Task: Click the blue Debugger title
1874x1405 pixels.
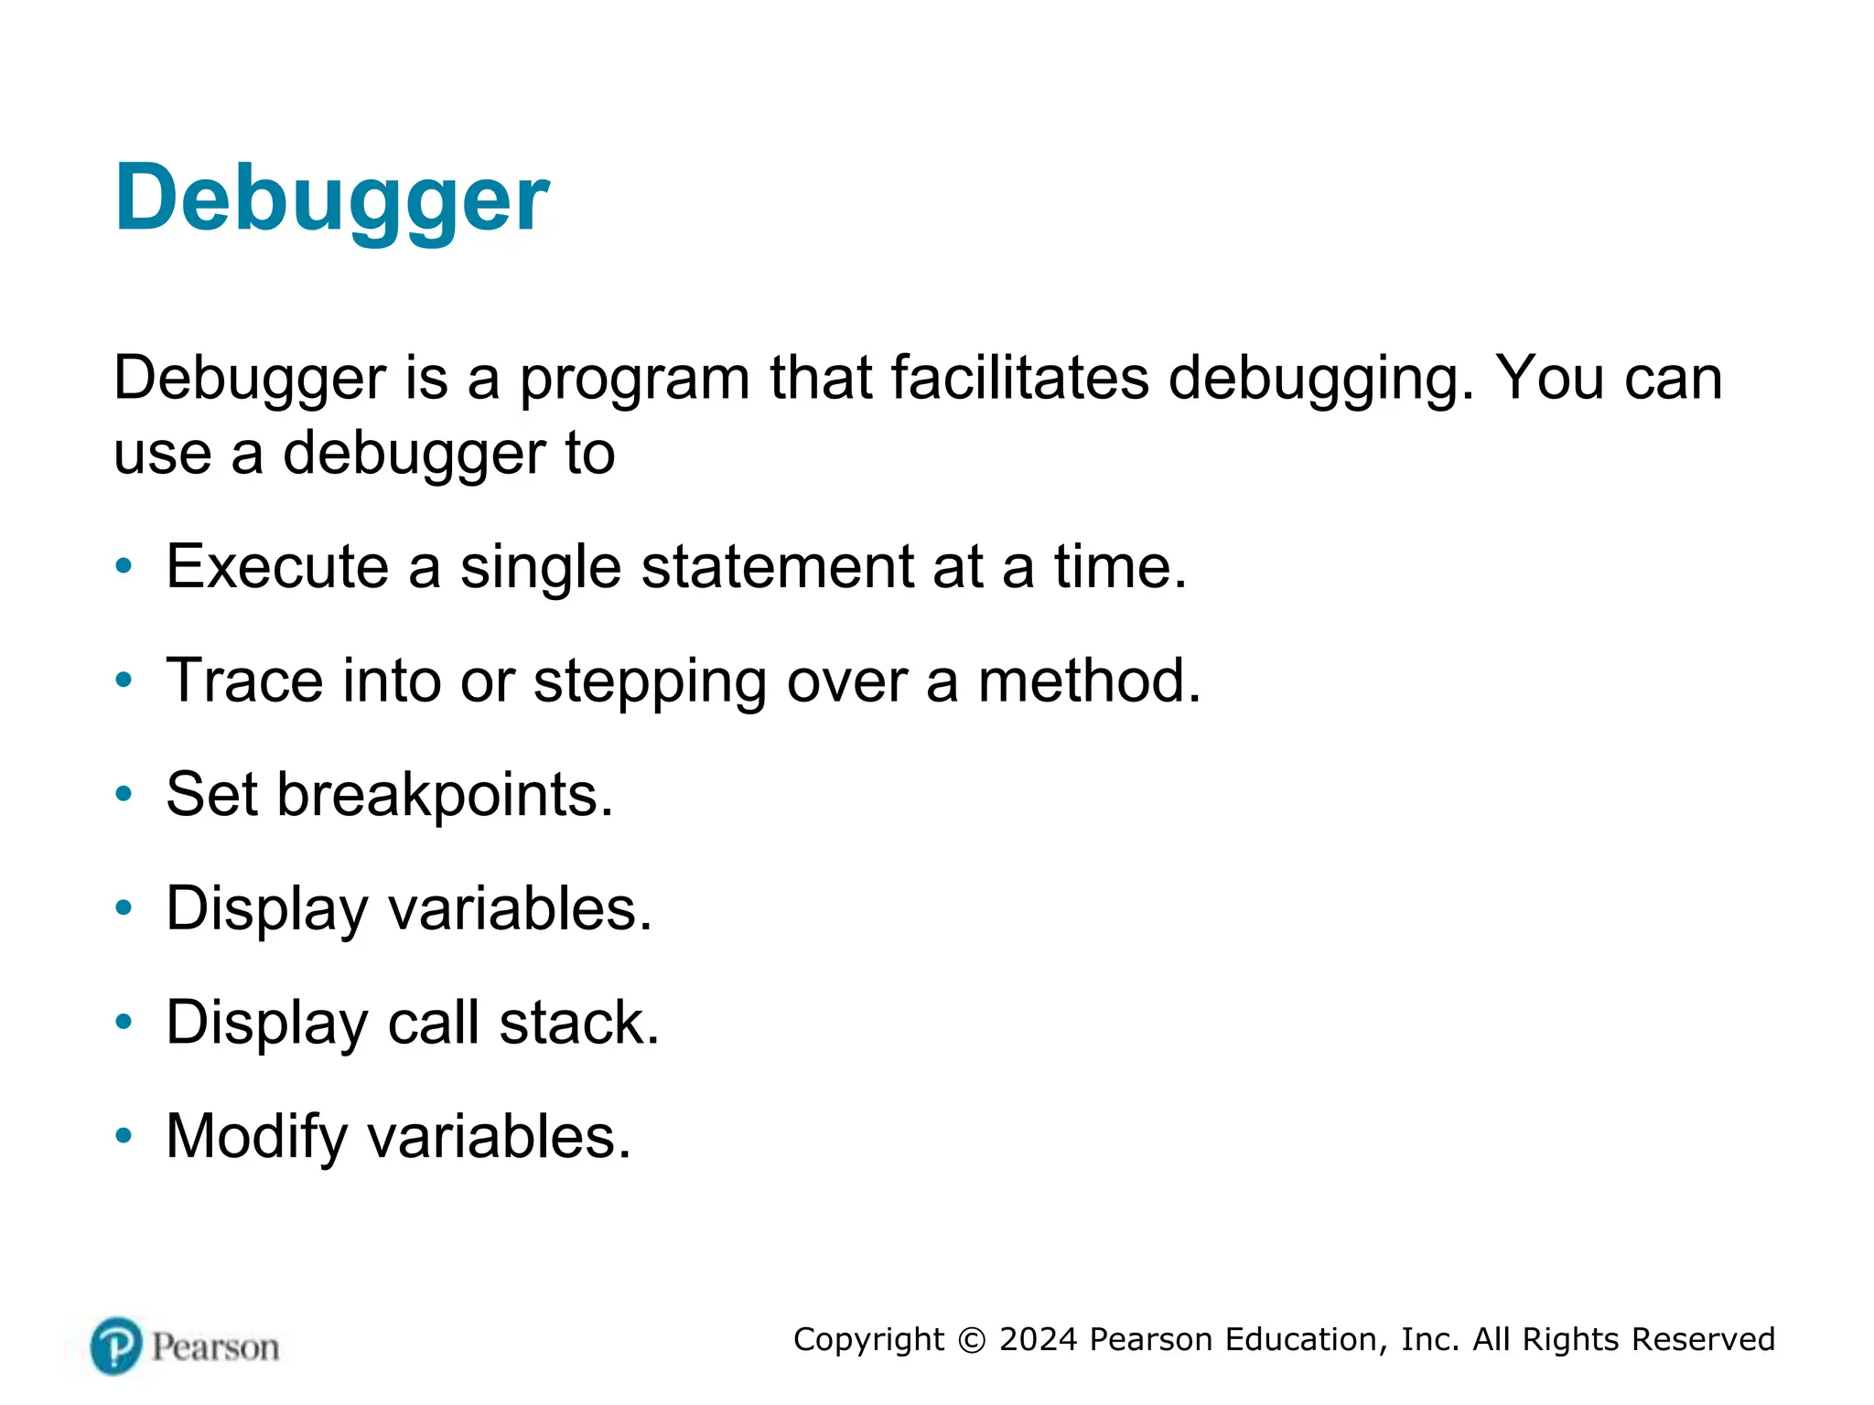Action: pyautogui.click(x=331, y=198)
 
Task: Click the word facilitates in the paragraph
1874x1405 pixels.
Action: pyautogui.click(x=1018, y=377)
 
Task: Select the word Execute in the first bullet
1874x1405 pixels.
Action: pyautogui.click(x=277, y=566)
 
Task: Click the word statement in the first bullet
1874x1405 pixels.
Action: pyautogui.click(x=777, y=566)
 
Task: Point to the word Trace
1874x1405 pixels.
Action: pyautogui.click(x=244, y=680)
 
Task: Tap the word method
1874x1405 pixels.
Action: pyautogui.click(x=1088, y=680)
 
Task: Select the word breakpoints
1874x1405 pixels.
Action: pyautogui.click(x=445, y=794)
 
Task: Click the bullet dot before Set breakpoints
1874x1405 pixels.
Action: pyautogui.click(x=124, y=793)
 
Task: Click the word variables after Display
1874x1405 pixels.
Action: pyautogui.click(x=520, y=908)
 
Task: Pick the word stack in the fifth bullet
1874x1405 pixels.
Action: pyautogui.click(x=578, y=1022)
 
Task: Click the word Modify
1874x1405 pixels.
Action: pyautogui.click(x=256, y=1137)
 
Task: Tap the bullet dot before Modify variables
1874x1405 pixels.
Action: pyautogui.click(x=124, y=1135)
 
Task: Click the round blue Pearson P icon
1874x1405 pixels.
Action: pyautogui.click(x=116, y=1346)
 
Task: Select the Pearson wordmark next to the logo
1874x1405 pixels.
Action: pyautogui.click(x=215, y=1347)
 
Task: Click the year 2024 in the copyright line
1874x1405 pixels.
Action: pyautogui.click(x=1038, y=1339)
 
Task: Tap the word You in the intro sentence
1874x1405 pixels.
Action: pyautogui.click(x=1548, y=377)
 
